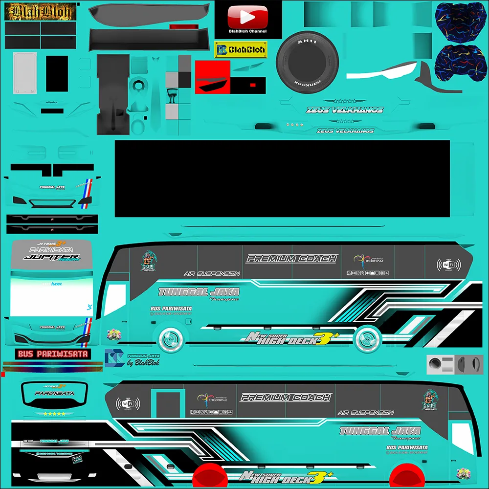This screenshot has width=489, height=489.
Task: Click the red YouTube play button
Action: point(248,17)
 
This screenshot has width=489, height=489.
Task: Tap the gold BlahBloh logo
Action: point(38,12)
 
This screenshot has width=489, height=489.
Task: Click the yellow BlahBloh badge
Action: point(241,49)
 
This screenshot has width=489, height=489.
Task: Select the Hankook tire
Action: point(307,63)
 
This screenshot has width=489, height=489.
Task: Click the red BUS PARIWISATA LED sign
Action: point(53,354)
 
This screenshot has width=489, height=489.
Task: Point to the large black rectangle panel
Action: point(282,178)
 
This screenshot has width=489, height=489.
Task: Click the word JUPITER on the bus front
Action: point(51,257)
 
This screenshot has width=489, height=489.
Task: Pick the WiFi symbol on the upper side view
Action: point(448,265)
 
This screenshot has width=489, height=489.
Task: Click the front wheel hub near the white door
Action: point(169,338)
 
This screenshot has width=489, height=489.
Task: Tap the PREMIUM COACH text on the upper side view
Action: point(291,259)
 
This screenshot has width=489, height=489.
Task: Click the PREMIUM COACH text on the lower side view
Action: point(286,398)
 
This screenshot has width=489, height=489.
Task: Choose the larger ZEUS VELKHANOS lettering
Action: point(345,110)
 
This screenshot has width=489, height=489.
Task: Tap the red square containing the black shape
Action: point(212,77)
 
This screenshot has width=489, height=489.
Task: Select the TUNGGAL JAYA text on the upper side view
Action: point(199,292)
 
